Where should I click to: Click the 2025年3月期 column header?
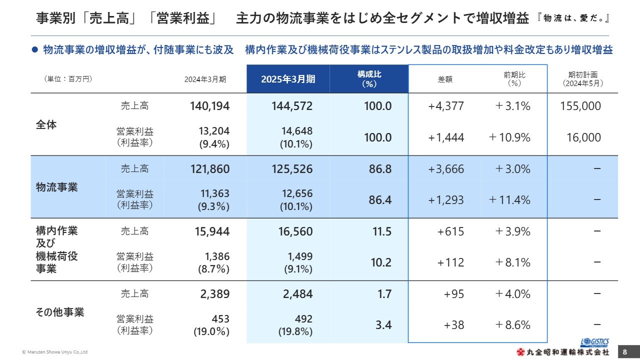[x=288, y=79]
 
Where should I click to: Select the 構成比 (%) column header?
[x=369, y=79]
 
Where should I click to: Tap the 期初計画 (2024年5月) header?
[x=582, y=79]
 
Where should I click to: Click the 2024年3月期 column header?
[x=205, y=79]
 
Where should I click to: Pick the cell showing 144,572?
[x=292, y=106]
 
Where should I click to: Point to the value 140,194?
[x=209, y=106]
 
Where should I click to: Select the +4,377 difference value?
[x=446, y=106]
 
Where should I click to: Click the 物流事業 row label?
[x=57, y=187]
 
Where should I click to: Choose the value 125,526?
[x=292, y=169]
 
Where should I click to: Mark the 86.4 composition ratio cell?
[x=380, y=200]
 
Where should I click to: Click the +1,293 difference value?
[x=446, y=200]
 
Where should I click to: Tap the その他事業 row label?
[x=60, y=312]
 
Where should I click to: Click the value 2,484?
[x=298, y=294]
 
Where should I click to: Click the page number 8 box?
[x=624, y=352]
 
